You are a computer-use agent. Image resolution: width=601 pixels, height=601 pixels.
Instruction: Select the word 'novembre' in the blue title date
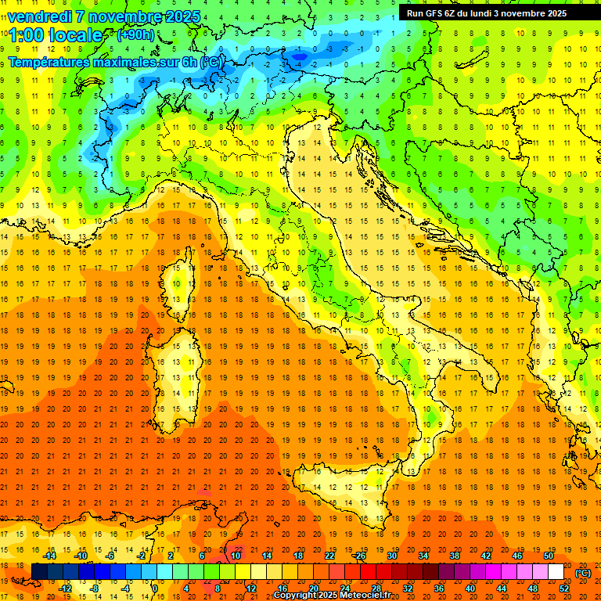point(125,16)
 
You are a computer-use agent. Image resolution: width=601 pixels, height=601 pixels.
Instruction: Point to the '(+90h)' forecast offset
point(135,35)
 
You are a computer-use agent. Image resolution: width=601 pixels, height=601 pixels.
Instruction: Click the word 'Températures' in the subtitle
point(53,61)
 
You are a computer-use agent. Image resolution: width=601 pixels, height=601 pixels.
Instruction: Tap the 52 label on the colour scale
point(564,588)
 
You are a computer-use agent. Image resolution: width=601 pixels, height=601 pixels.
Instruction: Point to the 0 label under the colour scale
point(155,588)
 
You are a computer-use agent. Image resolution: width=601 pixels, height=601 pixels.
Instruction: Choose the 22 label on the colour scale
point(329,556)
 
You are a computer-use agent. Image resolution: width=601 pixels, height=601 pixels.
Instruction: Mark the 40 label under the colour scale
point(470,588)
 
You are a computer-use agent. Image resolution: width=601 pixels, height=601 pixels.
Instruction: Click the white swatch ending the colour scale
point(556,572)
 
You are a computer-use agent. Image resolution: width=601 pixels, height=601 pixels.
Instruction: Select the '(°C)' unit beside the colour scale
point(583,573)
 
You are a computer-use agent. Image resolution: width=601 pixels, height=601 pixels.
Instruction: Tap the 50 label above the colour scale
point(548,556)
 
